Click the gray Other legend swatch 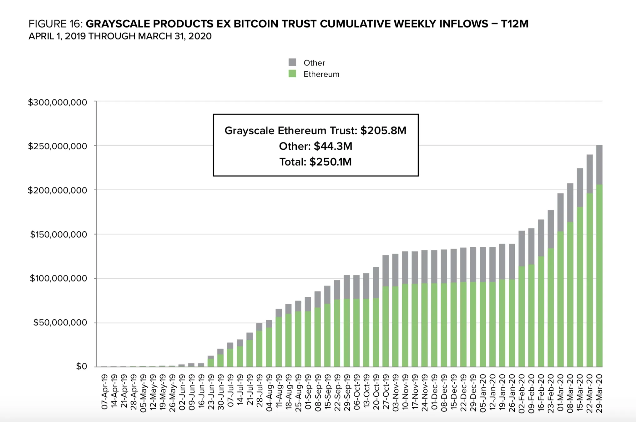292,62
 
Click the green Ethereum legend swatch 292,74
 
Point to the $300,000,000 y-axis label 58,102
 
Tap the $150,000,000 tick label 58,234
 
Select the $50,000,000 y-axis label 60,322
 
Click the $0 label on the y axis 82,366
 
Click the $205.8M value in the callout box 383,131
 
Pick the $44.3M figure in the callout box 333,146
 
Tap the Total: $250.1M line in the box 315,162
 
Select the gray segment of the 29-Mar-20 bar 599,165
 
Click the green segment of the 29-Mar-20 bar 599,275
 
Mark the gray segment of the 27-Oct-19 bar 386,270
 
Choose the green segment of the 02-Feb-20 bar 522,316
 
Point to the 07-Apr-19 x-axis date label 104,392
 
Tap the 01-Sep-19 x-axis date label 308,392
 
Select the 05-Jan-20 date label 483,393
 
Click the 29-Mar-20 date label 599,393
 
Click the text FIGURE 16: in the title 56,24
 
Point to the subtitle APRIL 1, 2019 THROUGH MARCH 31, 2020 120,36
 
